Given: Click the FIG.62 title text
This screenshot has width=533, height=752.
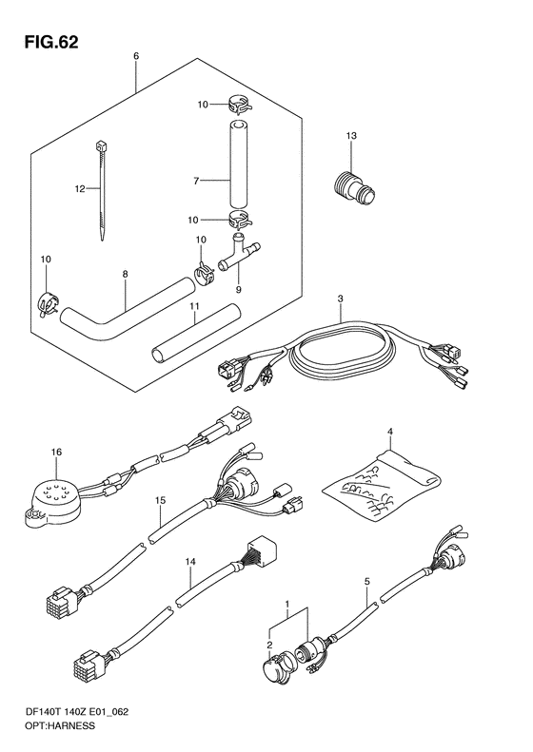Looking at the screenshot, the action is click(x=51, y=42).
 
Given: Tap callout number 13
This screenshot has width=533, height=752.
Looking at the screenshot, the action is click(x=351, y=136).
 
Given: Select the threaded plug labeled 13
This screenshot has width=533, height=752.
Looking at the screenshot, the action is click(x=354, y=191).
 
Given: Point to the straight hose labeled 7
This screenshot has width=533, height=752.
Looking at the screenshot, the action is click(x=238, y=164).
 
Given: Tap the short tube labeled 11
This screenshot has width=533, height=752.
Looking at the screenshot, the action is click(x=195, y=332).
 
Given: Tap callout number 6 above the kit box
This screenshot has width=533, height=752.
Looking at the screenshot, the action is click(x=136, y=56).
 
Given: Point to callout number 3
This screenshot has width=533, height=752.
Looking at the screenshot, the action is click(x=340, y=299).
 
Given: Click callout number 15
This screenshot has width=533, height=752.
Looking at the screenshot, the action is click(x=161, y=501).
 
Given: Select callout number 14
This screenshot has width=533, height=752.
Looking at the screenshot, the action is click(x=190, y=560).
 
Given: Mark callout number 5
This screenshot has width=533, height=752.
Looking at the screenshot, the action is click(x=367, y=582).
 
